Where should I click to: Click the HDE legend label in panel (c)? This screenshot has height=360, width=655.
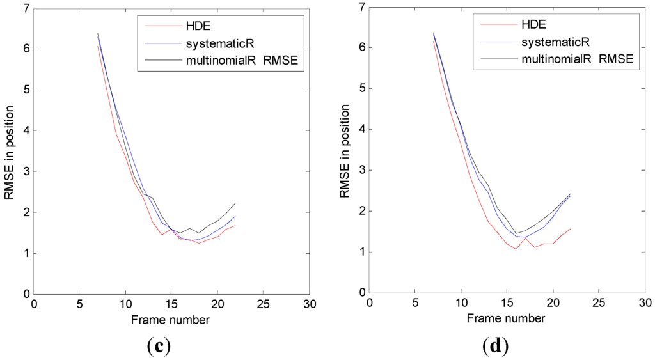tap(198, 26)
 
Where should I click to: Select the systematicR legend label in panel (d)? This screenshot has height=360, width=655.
tap(556, 42)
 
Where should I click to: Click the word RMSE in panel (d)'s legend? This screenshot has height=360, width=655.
tap(616, 59)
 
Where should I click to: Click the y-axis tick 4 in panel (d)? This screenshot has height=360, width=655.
tap(362, 129)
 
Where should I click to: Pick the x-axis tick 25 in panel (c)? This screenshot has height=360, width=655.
tap(263, 304)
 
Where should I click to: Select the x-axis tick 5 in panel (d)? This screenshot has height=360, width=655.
tap(415, 303)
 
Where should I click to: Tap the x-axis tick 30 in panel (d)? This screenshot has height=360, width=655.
tap(645, 303)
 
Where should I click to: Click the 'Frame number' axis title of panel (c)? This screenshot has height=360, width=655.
tap(170, 320)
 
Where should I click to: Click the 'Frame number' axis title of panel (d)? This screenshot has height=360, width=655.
tap(506, 318)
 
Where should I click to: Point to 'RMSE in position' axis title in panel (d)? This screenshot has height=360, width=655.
tap(345, 151)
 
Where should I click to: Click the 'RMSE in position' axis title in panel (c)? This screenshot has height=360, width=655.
tap(9, 152)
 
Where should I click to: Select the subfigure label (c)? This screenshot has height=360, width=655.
tap(159, 346)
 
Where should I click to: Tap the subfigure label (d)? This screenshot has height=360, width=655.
tap(496, 345)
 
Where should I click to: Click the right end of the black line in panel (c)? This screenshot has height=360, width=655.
tap(235, 203)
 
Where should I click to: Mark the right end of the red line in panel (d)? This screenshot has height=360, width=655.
tap(571, 228)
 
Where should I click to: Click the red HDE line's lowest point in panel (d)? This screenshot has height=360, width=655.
tap(516, 249)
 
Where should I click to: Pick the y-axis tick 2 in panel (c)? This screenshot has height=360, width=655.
tap(26, 212)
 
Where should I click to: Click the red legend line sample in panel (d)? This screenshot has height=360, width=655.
tap(499, 24)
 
